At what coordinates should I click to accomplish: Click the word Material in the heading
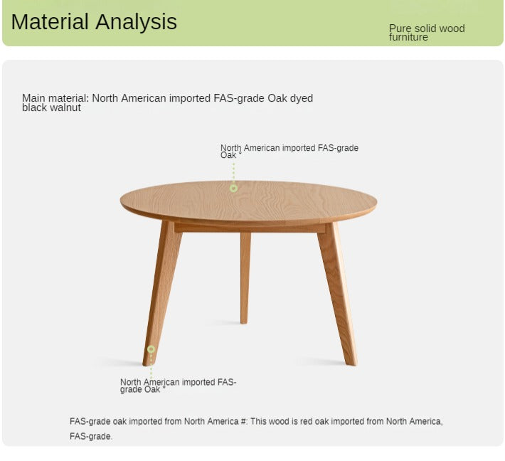(51, 22)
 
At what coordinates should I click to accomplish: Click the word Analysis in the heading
(137, 22)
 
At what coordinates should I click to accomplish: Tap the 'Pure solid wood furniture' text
(426, 33)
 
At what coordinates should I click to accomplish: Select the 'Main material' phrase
(55, 98)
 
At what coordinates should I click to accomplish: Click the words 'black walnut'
(51, 107)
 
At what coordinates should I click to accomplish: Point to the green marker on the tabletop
(233, 188)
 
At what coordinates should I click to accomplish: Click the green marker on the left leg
(151, 349)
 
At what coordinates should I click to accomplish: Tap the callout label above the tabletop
(289, 151)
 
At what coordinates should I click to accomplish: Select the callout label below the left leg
(178, 386)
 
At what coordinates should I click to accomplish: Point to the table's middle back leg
(245, 277)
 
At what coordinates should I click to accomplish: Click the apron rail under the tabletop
(249, 228)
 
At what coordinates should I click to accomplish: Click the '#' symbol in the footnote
(243, 421)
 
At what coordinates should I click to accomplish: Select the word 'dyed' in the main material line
(302, 98)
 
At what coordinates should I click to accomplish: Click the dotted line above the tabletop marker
(233, 172)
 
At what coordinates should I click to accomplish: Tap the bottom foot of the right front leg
(351, 359)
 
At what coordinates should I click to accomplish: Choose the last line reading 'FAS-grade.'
(91, 436)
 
